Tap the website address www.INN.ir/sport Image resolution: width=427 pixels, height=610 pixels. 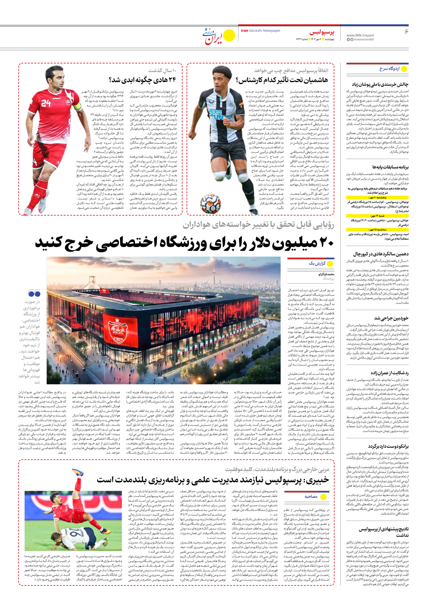360,35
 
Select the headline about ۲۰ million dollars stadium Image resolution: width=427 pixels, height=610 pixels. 184,243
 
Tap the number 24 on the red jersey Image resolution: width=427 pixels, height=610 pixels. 46,103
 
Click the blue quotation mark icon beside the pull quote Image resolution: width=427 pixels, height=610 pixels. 34,293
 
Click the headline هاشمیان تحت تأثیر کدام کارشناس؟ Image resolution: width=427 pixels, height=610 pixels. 282,80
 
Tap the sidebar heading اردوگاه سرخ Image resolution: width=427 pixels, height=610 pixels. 389,69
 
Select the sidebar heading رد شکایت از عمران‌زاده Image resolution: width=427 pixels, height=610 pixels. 386,373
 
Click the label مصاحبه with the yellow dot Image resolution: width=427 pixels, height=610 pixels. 311,497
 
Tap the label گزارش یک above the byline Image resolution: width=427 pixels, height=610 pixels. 317,263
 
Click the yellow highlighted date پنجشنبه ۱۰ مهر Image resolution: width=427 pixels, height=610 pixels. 377,198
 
